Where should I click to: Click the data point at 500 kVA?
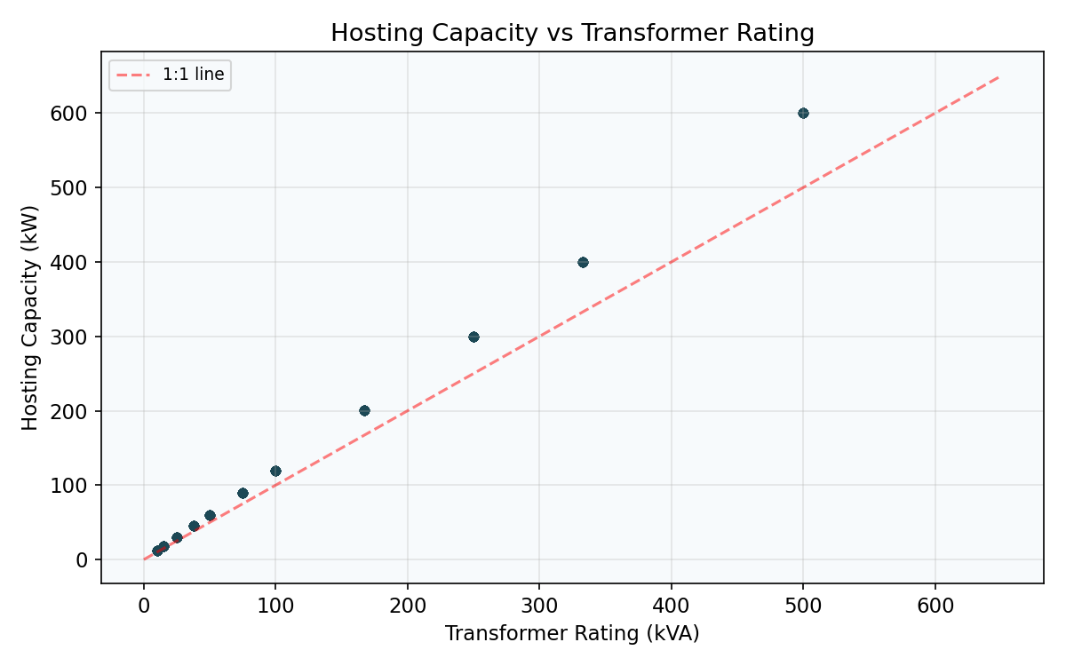pyautogui.click(x=803, y=113)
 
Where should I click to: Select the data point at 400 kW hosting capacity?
pyautogui.click(x=583, y=262)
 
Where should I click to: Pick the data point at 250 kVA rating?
pyautogui.click(x=473, y=337)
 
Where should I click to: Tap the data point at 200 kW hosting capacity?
pyautogui.click(x=364, y=410)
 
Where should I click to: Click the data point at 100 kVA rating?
pyautogui.click(x=275, y=471)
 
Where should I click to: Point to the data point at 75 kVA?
pyautogui.click(x=243, y=493)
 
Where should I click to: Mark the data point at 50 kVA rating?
pyautogui.click(x=210, y=515)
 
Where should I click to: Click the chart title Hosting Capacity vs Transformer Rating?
pyautogui.click(x=572, y=34)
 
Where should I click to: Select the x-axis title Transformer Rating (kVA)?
pyautogui.click(x=572, y=633)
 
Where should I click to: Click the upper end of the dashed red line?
pyautogui.click(x=1000, y=76)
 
